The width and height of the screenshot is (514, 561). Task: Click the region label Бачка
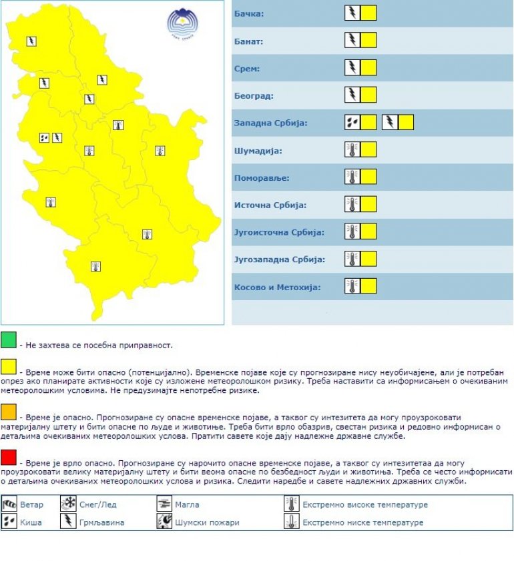[249, 14]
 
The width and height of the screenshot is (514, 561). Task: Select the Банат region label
[249, 41]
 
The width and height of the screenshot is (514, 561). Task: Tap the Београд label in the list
[254, 96]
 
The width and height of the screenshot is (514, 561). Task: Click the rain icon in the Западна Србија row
[352, 122]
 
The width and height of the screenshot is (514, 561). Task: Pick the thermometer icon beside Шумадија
[352, 149]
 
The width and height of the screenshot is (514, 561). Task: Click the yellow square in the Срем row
[368, 67]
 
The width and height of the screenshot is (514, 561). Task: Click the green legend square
[9, 340]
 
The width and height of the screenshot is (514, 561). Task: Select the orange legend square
[9, 408]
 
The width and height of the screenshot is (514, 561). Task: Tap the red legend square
[9, 457]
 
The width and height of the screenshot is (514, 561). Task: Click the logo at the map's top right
[183, 24]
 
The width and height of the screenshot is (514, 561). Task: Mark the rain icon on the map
[44, 138]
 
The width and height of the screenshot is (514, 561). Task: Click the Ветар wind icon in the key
[10, 504]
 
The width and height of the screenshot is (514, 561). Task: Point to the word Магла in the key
[188, 505]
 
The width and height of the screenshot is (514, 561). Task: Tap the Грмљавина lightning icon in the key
[68, 522]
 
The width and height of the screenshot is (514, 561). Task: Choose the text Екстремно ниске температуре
[363, 522]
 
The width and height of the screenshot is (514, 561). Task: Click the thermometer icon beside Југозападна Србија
[352, 259]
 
